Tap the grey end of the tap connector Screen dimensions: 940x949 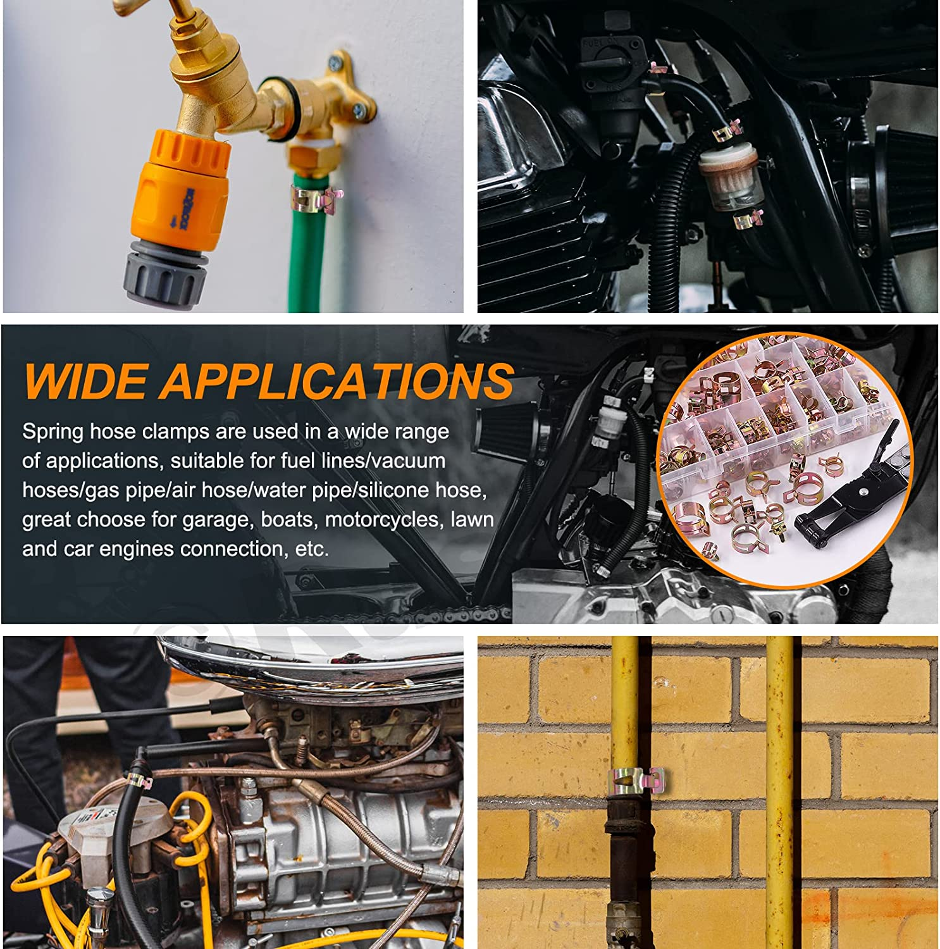coord(166,272)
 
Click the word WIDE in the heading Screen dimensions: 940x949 coord(86,381)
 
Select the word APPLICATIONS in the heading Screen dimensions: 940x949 coord(337,381)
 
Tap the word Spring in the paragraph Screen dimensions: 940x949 coord(53,433)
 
